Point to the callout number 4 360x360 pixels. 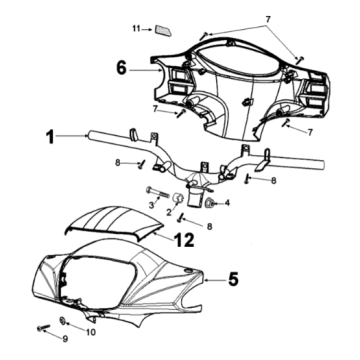227,204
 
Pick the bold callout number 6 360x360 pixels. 121,70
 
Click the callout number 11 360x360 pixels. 136,30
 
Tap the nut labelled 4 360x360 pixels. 212,203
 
